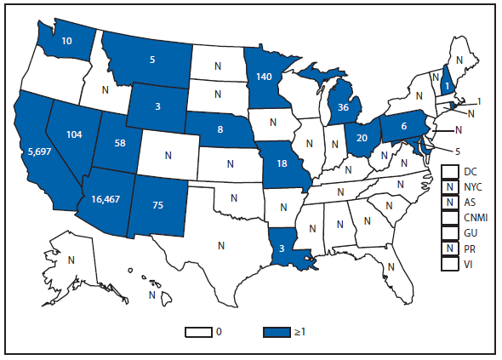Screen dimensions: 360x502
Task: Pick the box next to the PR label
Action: click(x=448, y=248)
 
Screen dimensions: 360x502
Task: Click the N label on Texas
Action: click(x=221, y=245)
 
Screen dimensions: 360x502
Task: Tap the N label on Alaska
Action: click(x=71, y=260)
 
